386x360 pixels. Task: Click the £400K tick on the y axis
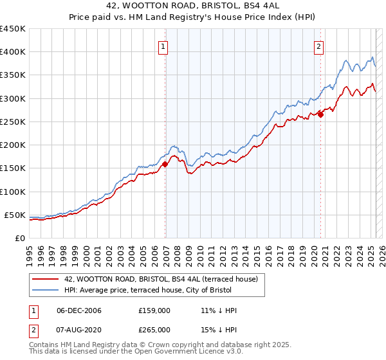click(x=13, y=52)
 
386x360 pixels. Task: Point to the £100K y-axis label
click(x=13, y=192)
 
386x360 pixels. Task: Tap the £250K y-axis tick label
click(x=13, y=122)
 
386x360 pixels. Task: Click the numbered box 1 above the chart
click(x=164, y=46)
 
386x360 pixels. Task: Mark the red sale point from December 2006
click(x=165, y=164)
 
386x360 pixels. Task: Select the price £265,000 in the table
click(x=154, y=329)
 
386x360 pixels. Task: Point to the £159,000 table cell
click(x=154, y=310)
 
